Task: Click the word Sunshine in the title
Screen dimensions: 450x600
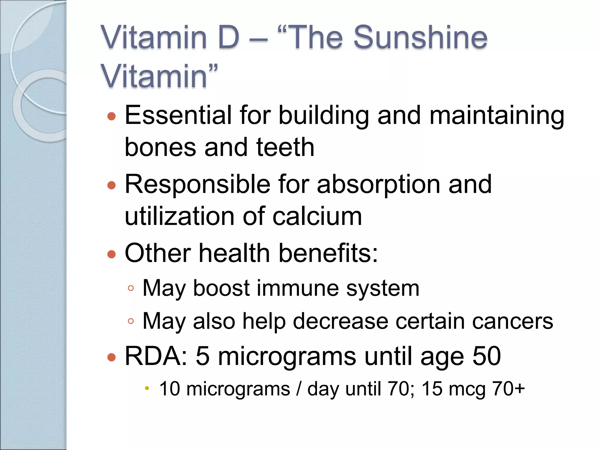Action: (420, 37)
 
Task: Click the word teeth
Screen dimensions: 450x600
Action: (285, 147)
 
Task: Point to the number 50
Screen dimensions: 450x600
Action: (487, 356)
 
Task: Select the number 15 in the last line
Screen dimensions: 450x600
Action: (432, 389)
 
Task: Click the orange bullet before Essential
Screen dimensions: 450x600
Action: (112, 116)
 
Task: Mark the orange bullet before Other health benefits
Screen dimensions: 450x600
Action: (112, 254)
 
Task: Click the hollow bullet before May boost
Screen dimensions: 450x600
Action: (131, 288)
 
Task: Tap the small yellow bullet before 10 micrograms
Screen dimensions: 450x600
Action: (147, 388)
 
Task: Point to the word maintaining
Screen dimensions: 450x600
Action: (497, 115)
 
